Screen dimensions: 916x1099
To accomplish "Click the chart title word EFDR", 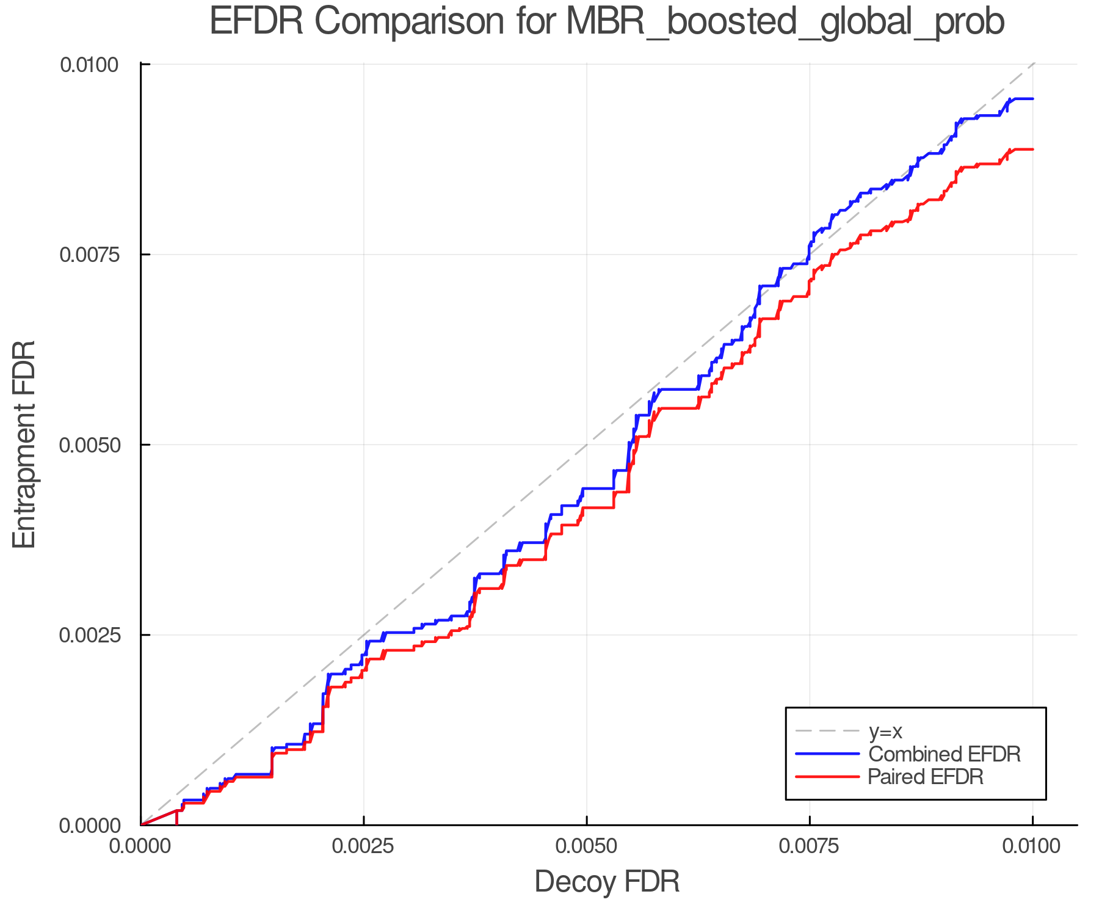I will coord(256,21).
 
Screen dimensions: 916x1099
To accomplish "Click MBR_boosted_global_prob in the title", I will coord(785,23).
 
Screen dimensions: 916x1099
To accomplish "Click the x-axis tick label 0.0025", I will coord(363,847).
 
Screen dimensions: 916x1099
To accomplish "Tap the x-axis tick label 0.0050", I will coord(586,847).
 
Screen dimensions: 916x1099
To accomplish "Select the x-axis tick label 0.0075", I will coord(810,847).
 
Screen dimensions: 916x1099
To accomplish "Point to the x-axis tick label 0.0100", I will coord(1032,847).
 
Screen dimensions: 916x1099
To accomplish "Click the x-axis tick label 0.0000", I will coord(141,847).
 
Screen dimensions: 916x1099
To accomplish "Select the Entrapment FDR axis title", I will coord(25,445).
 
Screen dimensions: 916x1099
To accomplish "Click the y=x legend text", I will coord(885,731).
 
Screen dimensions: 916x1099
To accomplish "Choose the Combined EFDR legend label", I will coord(944,754).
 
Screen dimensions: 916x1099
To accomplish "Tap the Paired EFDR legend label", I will coord(926,777).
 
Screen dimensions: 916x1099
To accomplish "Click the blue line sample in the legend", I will coord(827,754).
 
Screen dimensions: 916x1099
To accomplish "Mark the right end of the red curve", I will coord(1032,149).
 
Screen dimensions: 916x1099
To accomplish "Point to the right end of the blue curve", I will coord(1032,98).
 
